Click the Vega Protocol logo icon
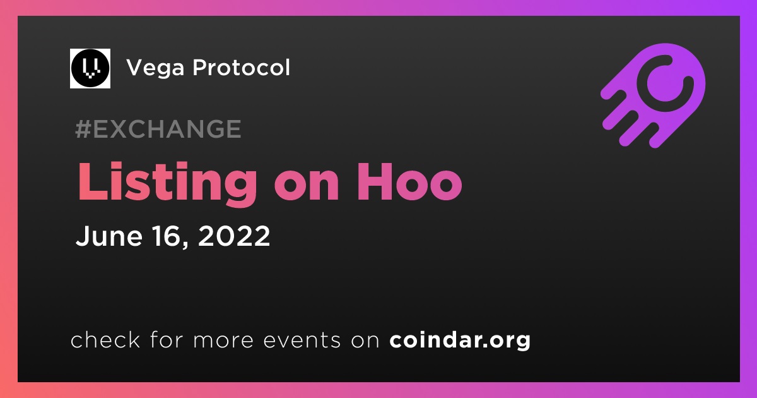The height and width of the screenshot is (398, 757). tap(90, 68)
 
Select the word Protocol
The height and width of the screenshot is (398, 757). tap(241, 67)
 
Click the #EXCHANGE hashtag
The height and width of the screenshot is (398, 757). tap(158, 129)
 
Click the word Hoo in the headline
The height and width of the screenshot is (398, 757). tap(409, 182)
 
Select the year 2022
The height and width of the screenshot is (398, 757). tap(234, 236)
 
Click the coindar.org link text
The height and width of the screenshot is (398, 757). tap(460, 340)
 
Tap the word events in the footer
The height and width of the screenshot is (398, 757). tap(302, 340)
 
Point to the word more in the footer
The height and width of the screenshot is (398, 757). tap(223, 341)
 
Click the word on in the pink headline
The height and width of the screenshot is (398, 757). tap(307, 186)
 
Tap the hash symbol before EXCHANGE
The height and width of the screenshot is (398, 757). tap(83, 129)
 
